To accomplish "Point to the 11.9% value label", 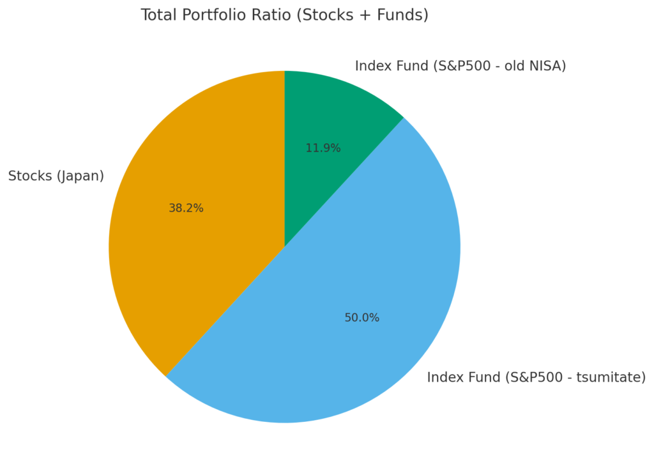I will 323,148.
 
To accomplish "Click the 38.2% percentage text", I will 186,208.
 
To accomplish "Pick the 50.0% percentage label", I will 361,318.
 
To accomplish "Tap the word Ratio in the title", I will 266,15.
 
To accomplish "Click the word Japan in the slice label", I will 80,176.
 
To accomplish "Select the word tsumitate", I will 610,378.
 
